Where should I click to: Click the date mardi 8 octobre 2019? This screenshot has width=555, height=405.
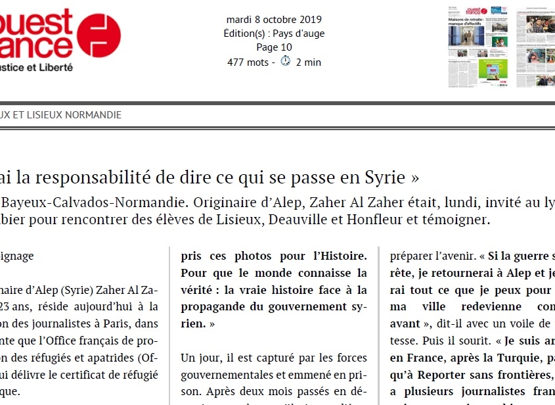point(274,19)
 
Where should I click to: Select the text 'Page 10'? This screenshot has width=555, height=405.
point(274,47)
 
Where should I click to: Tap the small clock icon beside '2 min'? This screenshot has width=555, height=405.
point(286,62)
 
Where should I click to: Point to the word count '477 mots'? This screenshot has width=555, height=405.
point(249,62)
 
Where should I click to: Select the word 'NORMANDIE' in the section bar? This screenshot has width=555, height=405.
point(88,114)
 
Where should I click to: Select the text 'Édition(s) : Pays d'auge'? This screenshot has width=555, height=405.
point(274,34)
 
